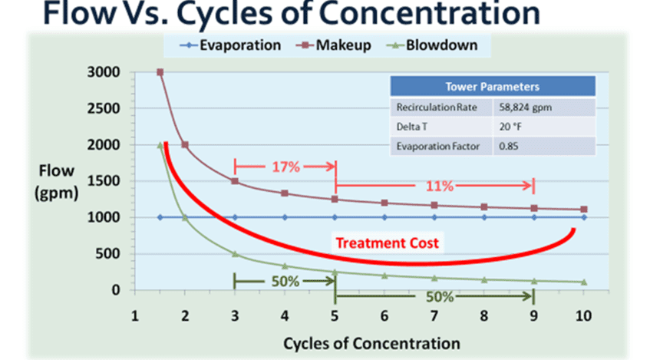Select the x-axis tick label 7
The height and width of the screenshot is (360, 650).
pyautogui.click(x=434, y=315)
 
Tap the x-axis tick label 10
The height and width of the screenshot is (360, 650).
pyautogui.click(x=584, y=315)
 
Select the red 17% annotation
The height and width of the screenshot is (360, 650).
pyautogui.click(x=284, y=166)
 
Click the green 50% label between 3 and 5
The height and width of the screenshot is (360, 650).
pyautogui.click(x=284, y=280)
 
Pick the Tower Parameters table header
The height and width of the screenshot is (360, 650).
pyautogui.click(x=492, y=87)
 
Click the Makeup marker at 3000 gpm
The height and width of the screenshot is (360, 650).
pyautogui.click(x=160, y=72)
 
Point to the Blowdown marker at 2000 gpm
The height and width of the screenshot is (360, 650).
pyautogui.click(x=160, y=145)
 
